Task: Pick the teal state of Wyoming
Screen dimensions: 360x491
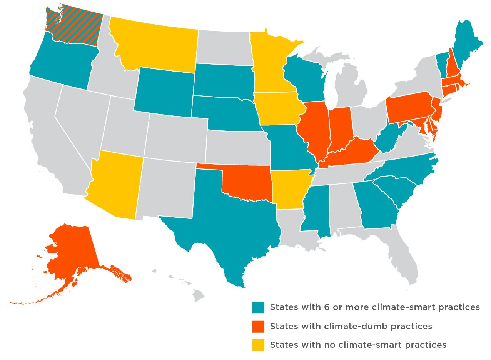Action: click(164, 92)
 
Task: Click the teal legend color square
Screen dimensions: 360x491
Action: click(258, 308)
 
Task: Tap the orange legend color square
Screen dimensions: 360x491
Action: click(258, 327)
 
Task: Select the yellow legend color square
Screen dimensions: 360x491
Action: click(258, 345)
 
